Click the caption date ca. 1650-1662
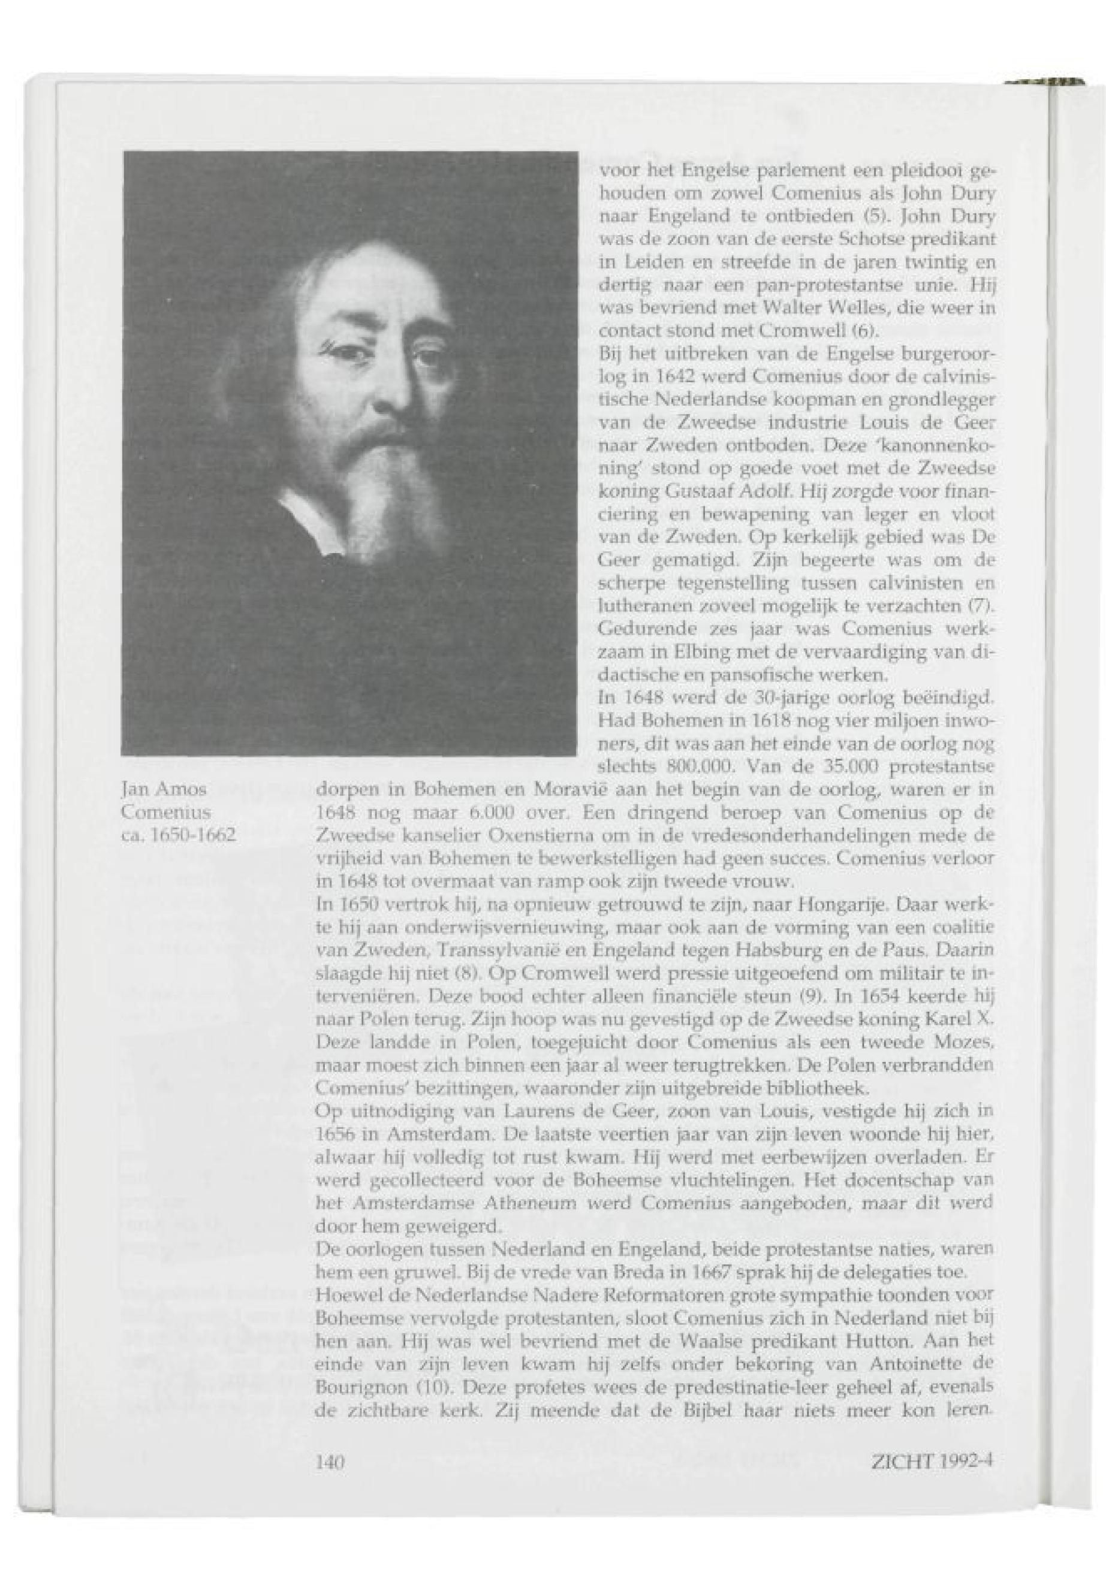click(x=179, y=835)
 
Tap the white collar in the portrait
click(x=305, y=516)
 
